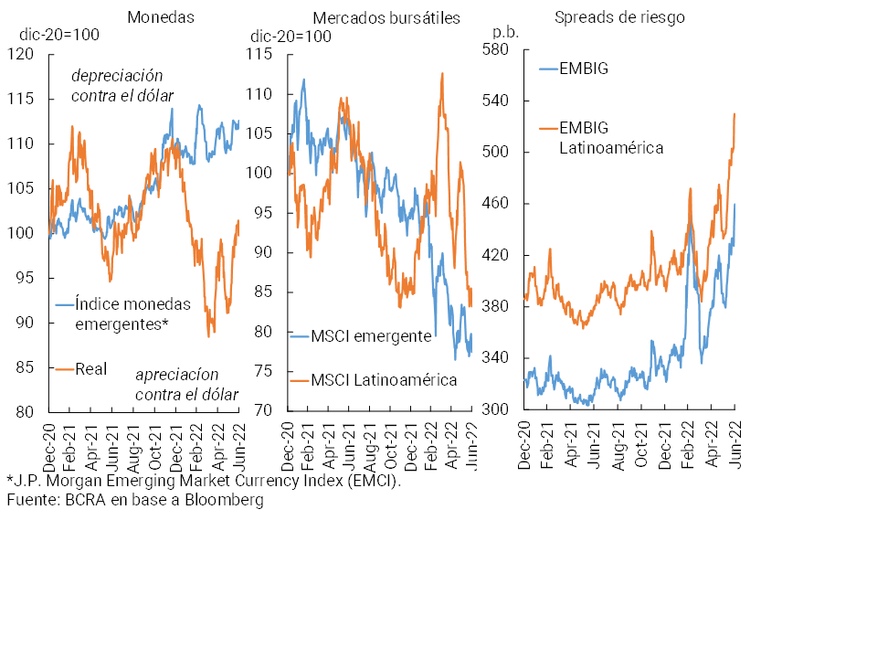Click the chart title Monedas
[x=161, y=16]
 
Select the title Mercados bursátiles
[x=386, y=17]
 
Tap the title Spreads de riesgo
[x=619, y=16]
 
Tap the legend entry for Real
[x=90, y=368]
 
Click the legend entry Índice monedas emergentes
[x=132, y=313]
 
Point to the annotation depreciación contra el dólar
[x=122, y=85]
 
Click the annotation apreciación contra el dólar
[x=186, y=385]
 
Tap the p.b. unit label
[x=505, y=31]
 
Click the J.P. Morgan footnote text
[x=204, y=481]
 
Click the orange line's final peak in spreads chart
[x=735, y=113]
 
